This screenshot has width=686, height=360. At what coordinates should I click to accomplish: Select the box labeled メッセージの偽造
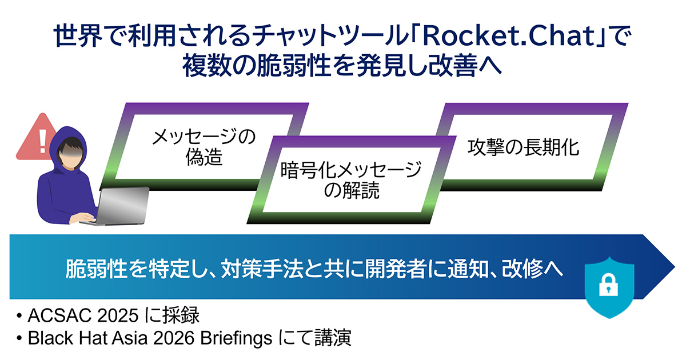204,147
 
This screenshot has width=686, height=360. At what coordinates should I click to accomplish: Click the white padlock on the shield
608,283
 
